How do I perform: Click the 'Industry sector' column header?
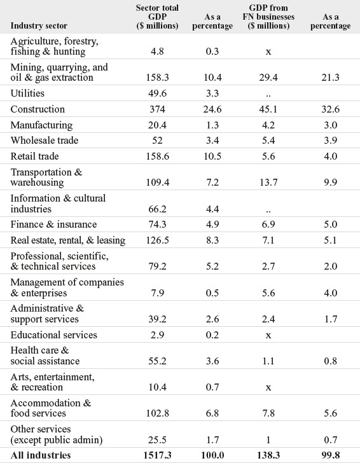(x=39, y=25)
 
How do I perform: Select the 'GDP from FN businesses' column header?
(x=268, y=17)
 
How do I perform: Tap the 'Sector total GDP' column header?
(x=157, y=17)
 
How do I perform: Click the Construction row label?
(x=38, y=109)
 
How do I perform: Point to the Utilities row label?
(x=27, y=93)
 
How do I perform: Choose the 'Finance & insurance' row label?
(x=54, y=225)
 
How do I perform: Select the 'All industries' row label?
(x=41, y=455)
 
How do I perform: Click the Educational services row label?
(x=54, y=335)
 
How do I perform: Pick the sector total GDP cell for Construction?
(x=157, y=109)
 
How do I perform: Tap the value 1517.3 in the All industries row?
(x=157, y=455)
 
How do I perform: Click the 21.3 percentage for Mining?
(x=331, y=78)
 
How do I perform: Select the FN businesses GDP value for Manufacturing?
(x=268, y=125)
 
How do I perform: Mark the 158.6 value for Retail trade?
(x=158, y=156)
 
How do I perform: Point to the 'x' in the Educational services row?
(x=268, y=335)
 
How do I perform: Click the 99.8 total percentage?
(x=331, y=455)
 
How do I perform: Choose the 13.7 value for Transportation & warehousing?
(x=268, y=183)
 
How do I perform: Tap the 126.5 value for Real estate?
(x=158, y=240)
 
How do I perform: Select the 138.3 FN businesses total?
(x=268, y=455)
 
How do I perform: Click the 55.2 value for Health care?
(x=157, y=361)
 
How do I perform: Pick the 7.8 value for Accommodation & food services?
(x=268, y=413)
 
